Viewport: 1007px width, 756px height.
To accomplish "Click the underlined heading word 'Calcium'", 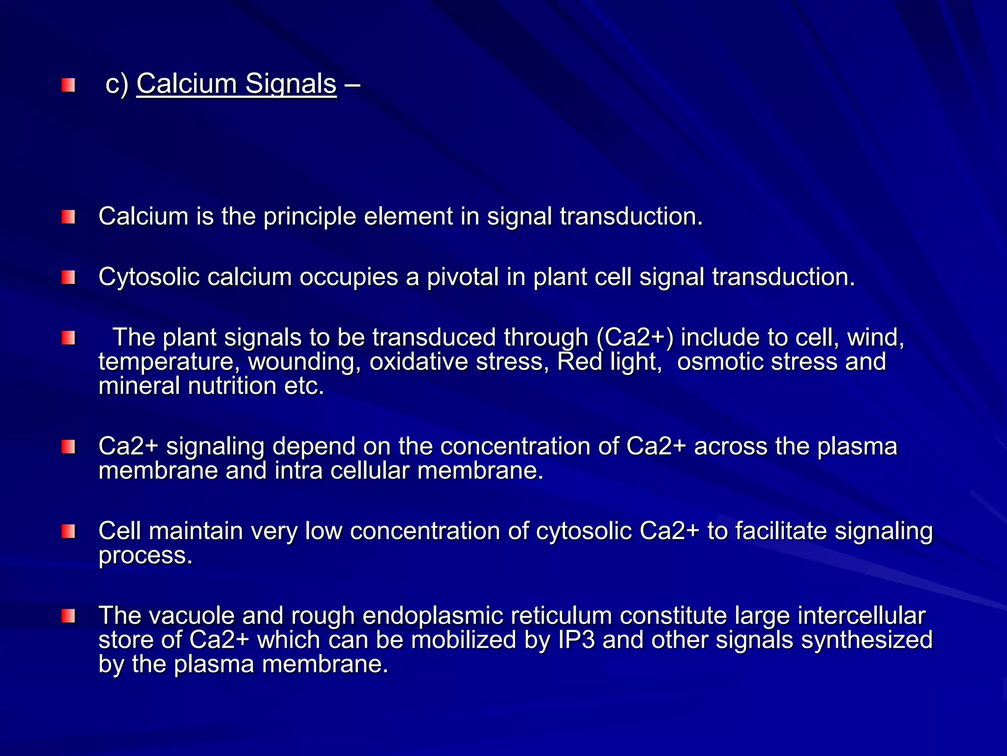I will click(x=186, y=84).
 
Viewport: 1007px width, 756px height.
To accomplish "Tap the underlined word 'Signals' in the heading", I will click(x=291, y=84).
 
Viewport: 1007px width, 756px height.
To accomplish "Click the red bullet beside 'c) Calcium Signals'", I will click(x=68, y=85).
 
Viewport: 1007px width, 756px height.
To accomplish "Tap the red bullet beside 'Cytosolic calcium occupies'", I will click(x=68, y=278).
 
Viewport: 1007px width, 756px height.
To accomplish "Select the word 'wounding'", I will click(x=304, y=362).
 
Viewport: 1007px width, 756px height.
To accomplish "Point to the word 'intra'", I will click(x=298, y=471).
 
